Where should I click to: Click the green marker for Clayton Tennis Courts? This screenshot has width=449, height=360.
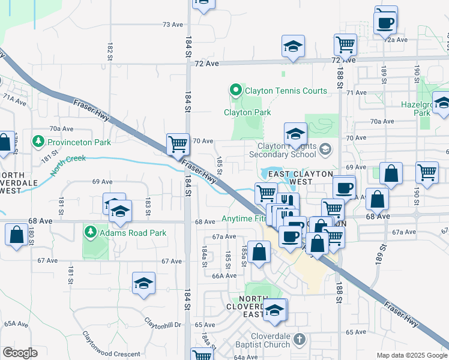pos(235,91)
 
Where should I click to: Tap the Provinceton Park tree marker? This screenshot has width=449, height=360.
pos(39,142)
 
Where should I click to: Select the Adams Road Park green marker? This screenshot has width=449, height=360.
pos(91,231)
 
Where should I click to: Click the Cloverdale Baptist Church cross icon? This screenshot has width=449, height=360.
pos(298,340)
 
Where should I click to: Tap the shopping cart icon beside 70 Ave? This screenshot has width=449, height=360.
pos(178,144)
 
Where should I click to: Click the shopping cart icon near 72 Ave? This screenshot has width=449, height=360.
pos(345,44)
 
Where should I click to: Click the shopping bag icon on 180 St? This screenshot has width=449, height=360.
pos(16,234)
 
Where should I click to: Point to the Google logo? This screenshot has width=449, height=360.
pos(20,353)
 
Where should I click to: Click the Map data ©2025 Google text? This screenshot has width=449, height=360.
pos(411,355)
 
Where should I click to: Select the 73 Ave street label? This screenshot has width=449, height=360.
pos(172,25)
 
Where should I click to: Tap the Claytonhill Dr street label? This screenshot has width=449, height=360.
pos(162,325)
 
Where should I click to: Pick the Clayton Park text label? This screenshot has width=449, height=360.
pos(247,112)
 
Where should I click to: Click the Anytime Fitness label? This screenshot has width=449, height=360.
pos(244,219)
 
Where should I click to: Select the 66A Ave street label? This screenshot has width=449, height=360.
pos(224,275)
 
